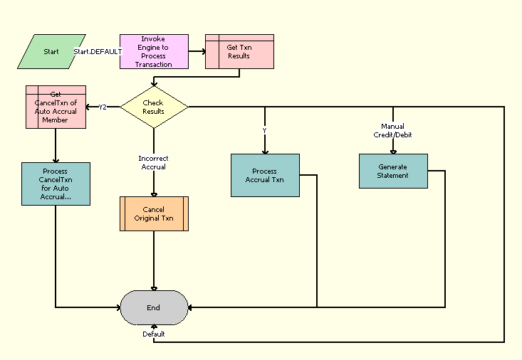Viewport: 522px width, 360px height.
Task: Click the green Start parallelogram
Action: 51,51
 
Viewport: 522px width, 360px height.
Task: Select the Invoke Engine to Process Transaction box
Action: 154,51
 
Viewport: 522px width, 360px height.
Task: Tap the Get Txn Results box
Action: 239,51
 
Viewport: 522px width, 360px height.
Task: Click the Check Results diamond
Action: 154,107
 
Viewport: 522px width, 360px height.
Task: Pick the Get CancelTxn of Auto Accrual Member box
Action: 56,107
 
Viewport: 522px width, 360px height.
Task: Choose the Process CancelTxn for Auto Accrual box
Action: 56,184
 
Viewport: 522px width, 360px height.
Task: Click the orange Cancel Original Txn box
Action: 154,214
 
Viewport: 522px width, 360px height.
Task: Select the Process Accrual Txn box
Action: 265,175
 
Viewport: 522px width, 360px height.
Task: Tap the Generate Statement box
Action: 393,171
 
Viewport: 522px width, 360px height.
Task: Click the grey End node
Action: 154,307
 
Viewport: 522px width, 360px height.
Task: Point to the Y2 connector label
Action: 103,107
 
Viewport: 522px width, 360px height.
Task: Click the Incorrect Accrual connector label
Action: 154,162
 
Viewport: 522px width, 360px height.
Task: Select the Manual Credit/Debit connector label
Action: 393,130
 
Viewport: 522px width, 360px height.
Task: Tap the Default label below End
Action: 154,334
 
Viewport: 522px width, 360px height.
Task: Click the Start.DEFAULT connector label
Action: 98,52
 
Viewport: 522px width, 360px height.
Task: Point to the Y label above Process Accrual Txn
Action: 265,131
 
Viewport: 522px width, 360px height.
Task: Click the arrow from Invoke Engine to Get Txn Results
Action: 197,51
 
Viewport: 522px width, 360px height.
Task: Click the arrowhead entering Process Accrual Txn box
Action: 265,151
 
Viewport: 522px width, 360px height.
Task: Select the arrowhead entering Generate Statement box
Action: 393,151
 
